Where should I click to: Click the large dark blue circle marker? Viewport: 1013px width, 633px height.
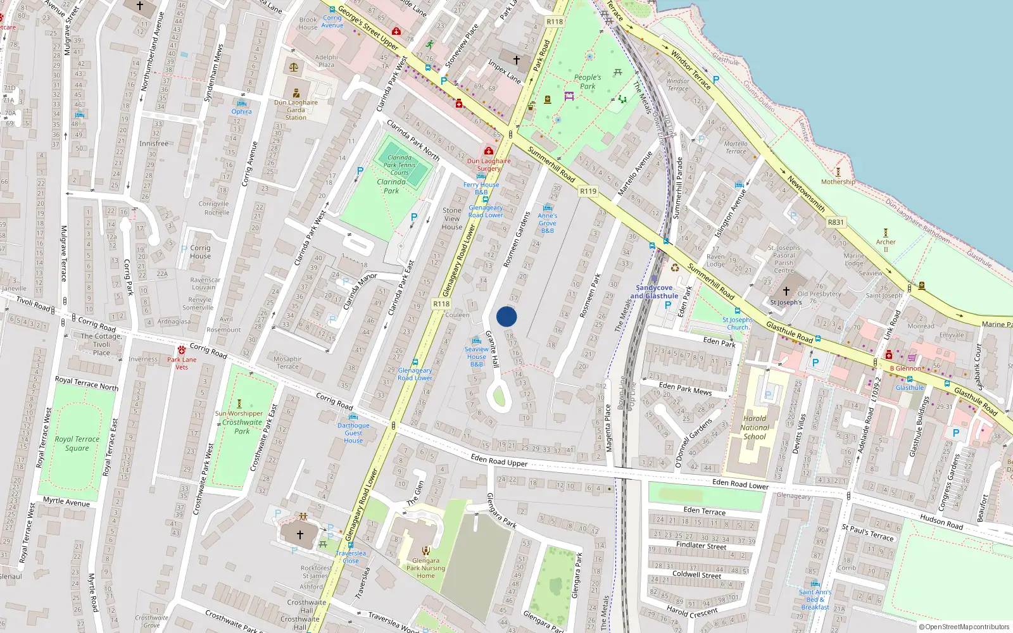pos(507,316)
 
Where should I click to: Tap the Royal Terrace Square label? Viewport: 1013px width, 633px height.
pos(77,443)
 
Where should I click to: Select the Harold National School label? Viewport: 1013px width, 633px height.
pos(755,427)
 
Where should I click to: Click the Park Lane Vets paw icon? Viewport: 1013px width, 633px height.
pos(182,350)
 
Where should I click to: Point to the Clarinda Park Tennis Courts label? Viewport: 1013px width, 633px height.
pos(400,165)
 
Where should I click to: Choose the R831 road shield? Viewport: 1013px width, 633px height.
pos(836,222)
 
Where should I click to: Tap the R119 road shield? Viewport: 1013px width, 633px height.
pos(588,191)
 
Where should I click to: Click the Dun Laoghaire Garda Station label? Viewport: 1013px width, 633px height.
pos(296,110)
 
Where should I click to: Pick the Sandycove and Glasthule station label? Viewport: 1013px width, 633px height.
pos(654,292)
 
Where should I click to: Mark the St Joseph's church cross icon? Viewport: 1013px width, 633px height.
pos(786,291)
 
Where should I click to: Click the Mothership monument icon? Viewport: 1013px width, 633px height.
pos(838,172)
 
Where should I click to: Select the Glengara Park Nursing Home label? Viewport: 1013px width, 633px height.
pos(425,568)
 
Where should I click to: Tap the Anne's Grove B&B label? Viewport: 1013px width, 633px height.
pos(548,223)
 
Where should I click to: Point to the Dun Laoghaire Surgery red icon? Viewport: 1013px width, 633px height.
pos(489,151)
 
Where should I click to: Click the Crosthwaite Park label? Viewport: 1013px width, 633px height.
pos(242,427)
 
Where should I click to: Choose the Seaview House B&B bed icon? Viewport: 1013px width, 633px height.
pos(477,341)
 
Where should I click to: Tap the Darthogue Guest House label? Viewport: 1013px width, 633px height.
pos(353,433)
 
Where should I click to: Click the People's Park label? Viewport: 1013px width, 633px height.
pos(588,82)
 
